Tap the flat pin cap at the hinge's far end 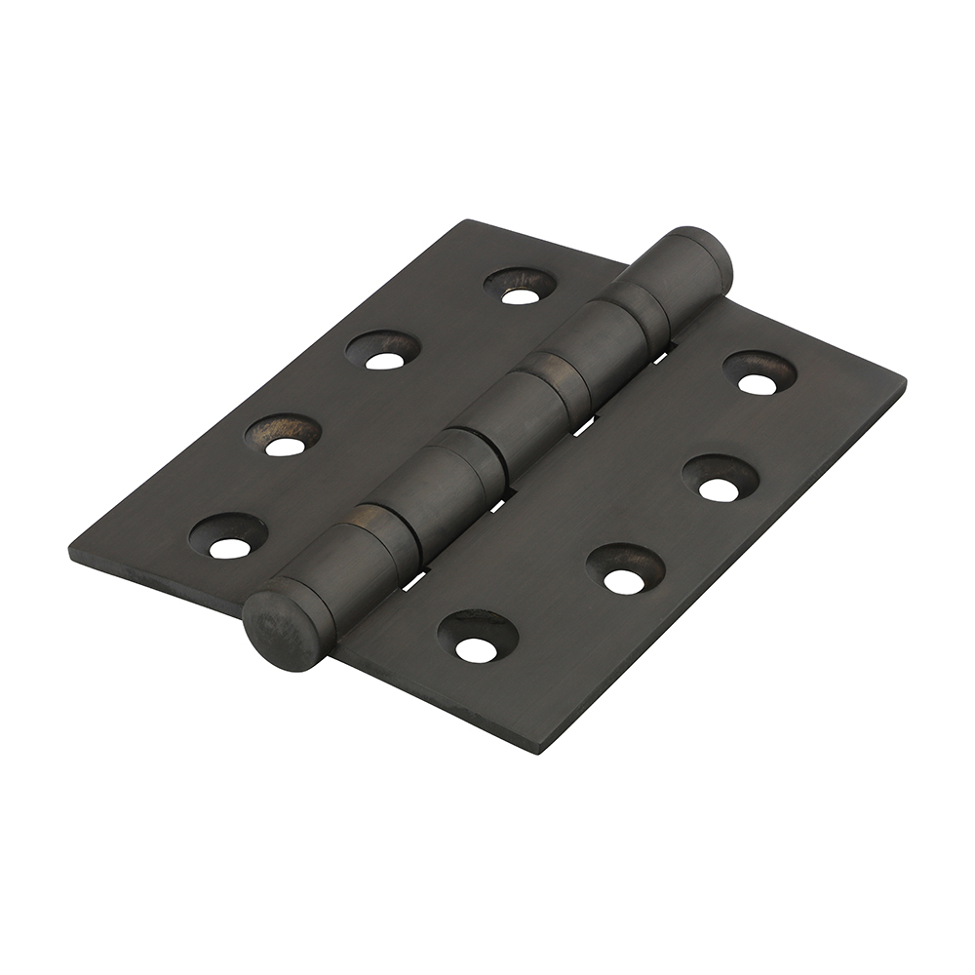point(700,255)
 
